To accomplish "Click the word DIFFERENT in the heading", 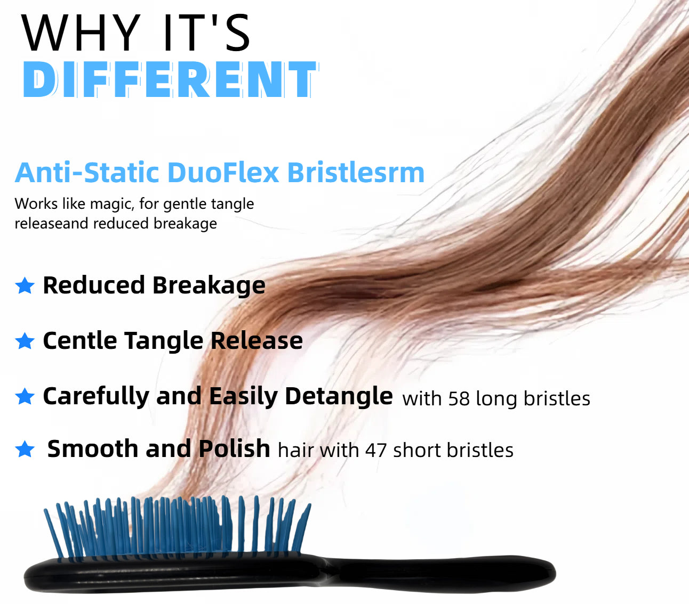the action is pos(170,80).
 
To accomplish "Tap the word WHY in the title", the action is pos(81,33).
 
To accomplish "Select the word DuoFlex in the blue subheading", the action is pos(223,173).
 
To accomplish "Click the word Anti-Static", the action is pos(87,173).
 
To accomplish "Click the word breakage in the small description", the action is pos(185,224).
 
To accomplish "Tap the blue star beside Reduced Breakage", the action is pos(25,285).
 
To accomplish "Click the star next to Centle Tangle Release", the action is pos(25,341).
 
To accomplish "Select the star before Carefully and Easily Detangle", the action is pos(25,396).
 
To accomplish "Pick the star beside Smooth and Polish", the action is pos(25,449).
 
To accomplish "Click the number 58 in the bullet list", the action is pos(459,398).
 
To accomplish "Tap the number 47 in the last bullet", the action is pos(376,451).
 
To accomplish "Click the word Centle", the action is pos(80,340).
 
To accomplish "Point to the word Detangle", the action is pos(339,397).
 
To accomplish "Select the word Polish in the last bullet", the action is pos(234,448).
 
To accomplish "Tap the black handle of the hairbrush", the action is pos(442,574).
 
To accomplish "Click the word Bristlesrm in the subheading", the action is pos(356,173).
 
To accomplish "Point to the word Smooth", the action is pos(92,448).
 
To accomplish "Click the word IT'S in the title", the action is pos(207,33).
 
